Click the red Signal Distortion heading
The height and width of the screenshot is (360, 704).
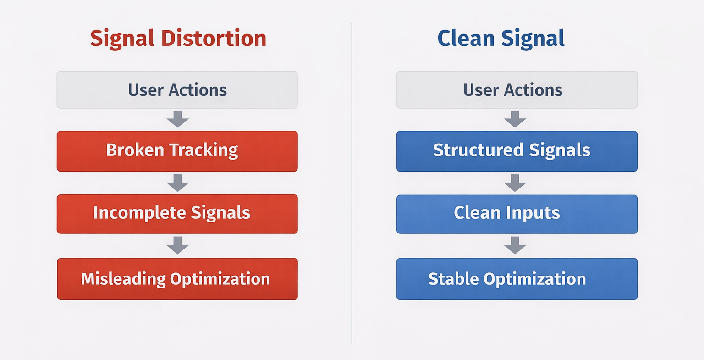(178, 38)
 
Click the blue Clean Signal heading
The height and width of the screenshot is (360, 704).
(500, 38)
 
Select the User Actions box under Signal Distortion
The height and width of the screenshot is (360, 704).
(177, 90)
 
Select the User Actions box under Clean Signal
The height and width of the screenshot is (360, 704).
(517, 90)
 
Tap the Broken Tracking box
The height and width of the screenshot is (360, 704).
(177, 151)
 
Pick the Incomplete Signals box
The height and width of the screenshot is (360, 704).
(177, 214)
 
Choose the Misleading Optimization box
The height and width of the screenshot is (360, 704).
(177, 279)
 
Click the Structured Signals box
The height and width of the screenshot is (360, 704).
(517, 151)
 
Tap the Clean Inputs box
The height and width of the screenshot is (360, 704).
(517, 214)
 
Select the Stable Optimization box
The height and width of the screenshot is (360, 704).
(517, 279)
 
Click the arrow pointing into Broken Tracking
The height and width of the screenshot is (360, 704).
(178, 119)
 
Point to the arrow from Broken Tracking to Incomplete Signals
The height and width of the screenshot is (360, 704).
(178, 183)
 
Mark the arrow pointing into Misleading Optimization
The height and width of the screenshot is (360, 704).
(178, 245)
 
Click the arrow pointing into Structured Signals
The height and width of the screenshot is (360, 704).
(515, 119)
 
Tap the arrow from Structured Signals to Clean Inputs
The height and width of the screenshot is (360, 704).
(515, 183)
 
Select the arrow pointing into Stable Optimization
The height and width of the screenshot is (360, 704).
(515, 245)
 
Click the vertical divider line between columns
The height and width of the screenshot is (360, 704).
(352, 183)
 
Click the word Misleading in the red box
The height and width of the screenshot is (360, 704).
(123, 279)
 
